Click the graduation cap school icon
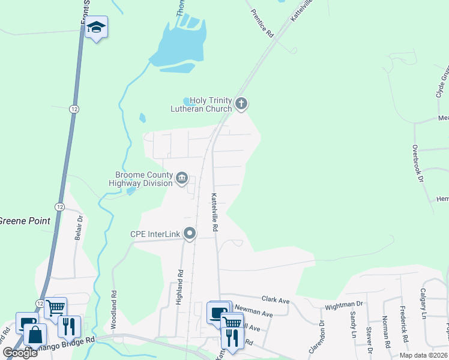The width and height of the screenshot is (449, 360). [x=96, y=27]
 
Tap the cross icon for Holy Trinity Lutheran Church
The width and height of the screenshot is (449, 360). [x=241, y=104]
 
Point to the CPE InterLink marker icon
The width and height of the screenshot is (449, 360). [x=190, y=233]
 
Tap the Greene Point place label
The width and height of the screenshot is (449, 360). [x=25, y=221]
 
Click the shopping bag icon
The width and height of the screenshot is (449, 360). [x=35, y=335]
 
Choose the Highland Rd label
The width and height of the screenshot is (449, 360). [x=179, y=287]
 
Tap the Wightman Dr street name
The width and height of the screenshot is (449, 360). [x=344, y=305]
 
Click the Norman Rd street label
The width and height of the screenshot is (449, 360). [x=387, y=335]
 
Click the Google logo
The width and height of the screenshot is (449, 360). [x=20, y=353]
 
